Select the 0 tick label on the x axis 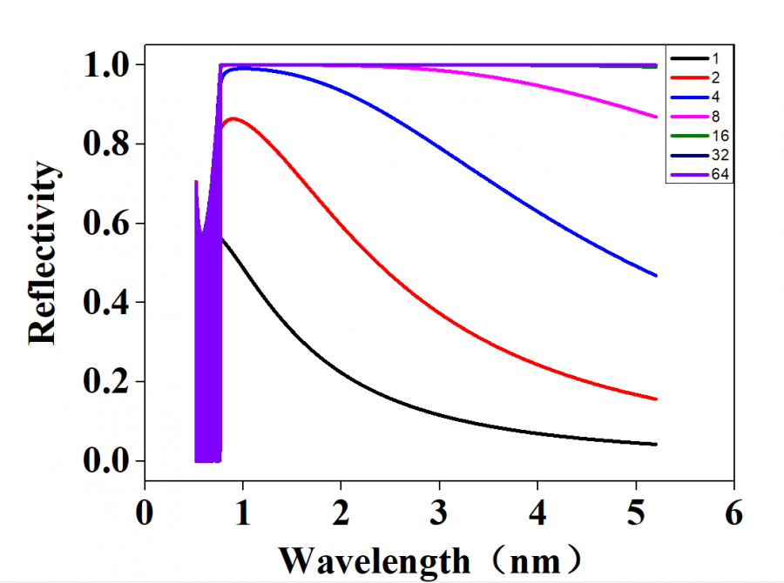[x=145, y=513]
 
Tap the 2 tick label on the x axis [x=341, y=513]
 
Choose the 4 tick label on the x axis [x=537, y=513]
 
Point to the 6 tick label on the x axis [x=733, y=513]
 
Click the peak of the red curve [x=233, y=118]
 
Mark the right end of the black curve [x=656, y=444]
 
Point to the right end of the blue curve [x=656, y=276]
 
